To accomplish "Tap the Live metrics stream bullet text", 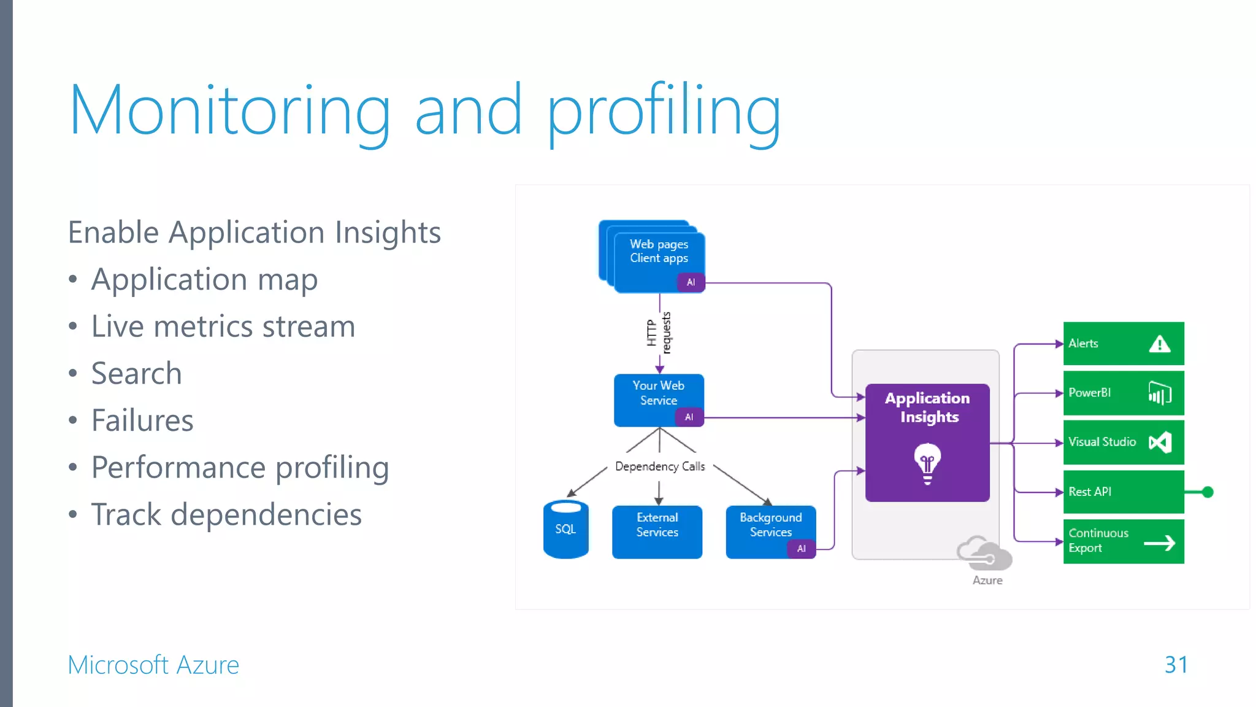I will (x=223, y=326).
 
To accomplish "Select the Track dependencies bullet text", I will (x=226, y=514).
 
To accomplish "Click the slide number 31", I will (x=1176, y=665).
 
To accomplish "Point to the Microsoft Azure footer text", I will (x=153, y=665).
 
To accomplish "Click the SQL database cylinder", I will (x=565, y=530).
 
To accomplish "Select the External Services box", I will (x=657, y=531).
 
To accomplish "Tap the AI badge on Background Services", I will (x=801, y=549).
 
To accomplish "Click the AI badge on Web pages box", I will (x=691, y=282).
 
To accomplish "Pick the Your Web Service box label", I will (x=658, y=393).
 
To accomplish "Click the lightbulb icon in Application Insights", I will (x=927, y=463).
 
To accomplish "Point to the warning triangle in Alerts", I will (x=1159, y=344).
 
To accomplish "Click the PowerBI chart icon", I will (x=1159, y=393).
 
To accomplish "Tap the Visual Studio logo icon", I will (x=1160, y=442).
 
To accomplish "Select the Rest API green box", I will (x=1122, y=492).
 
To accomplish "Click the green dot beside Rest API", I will (x=1208, y=492).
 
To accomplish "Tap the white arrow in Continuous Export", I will (x=1159, y=543).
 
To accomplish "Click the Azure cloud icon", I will (x=984, y=553).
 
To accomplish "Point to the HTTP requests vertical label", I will (x=659, y=333).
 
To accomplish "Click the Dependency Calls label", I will (x=660, y=466).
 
